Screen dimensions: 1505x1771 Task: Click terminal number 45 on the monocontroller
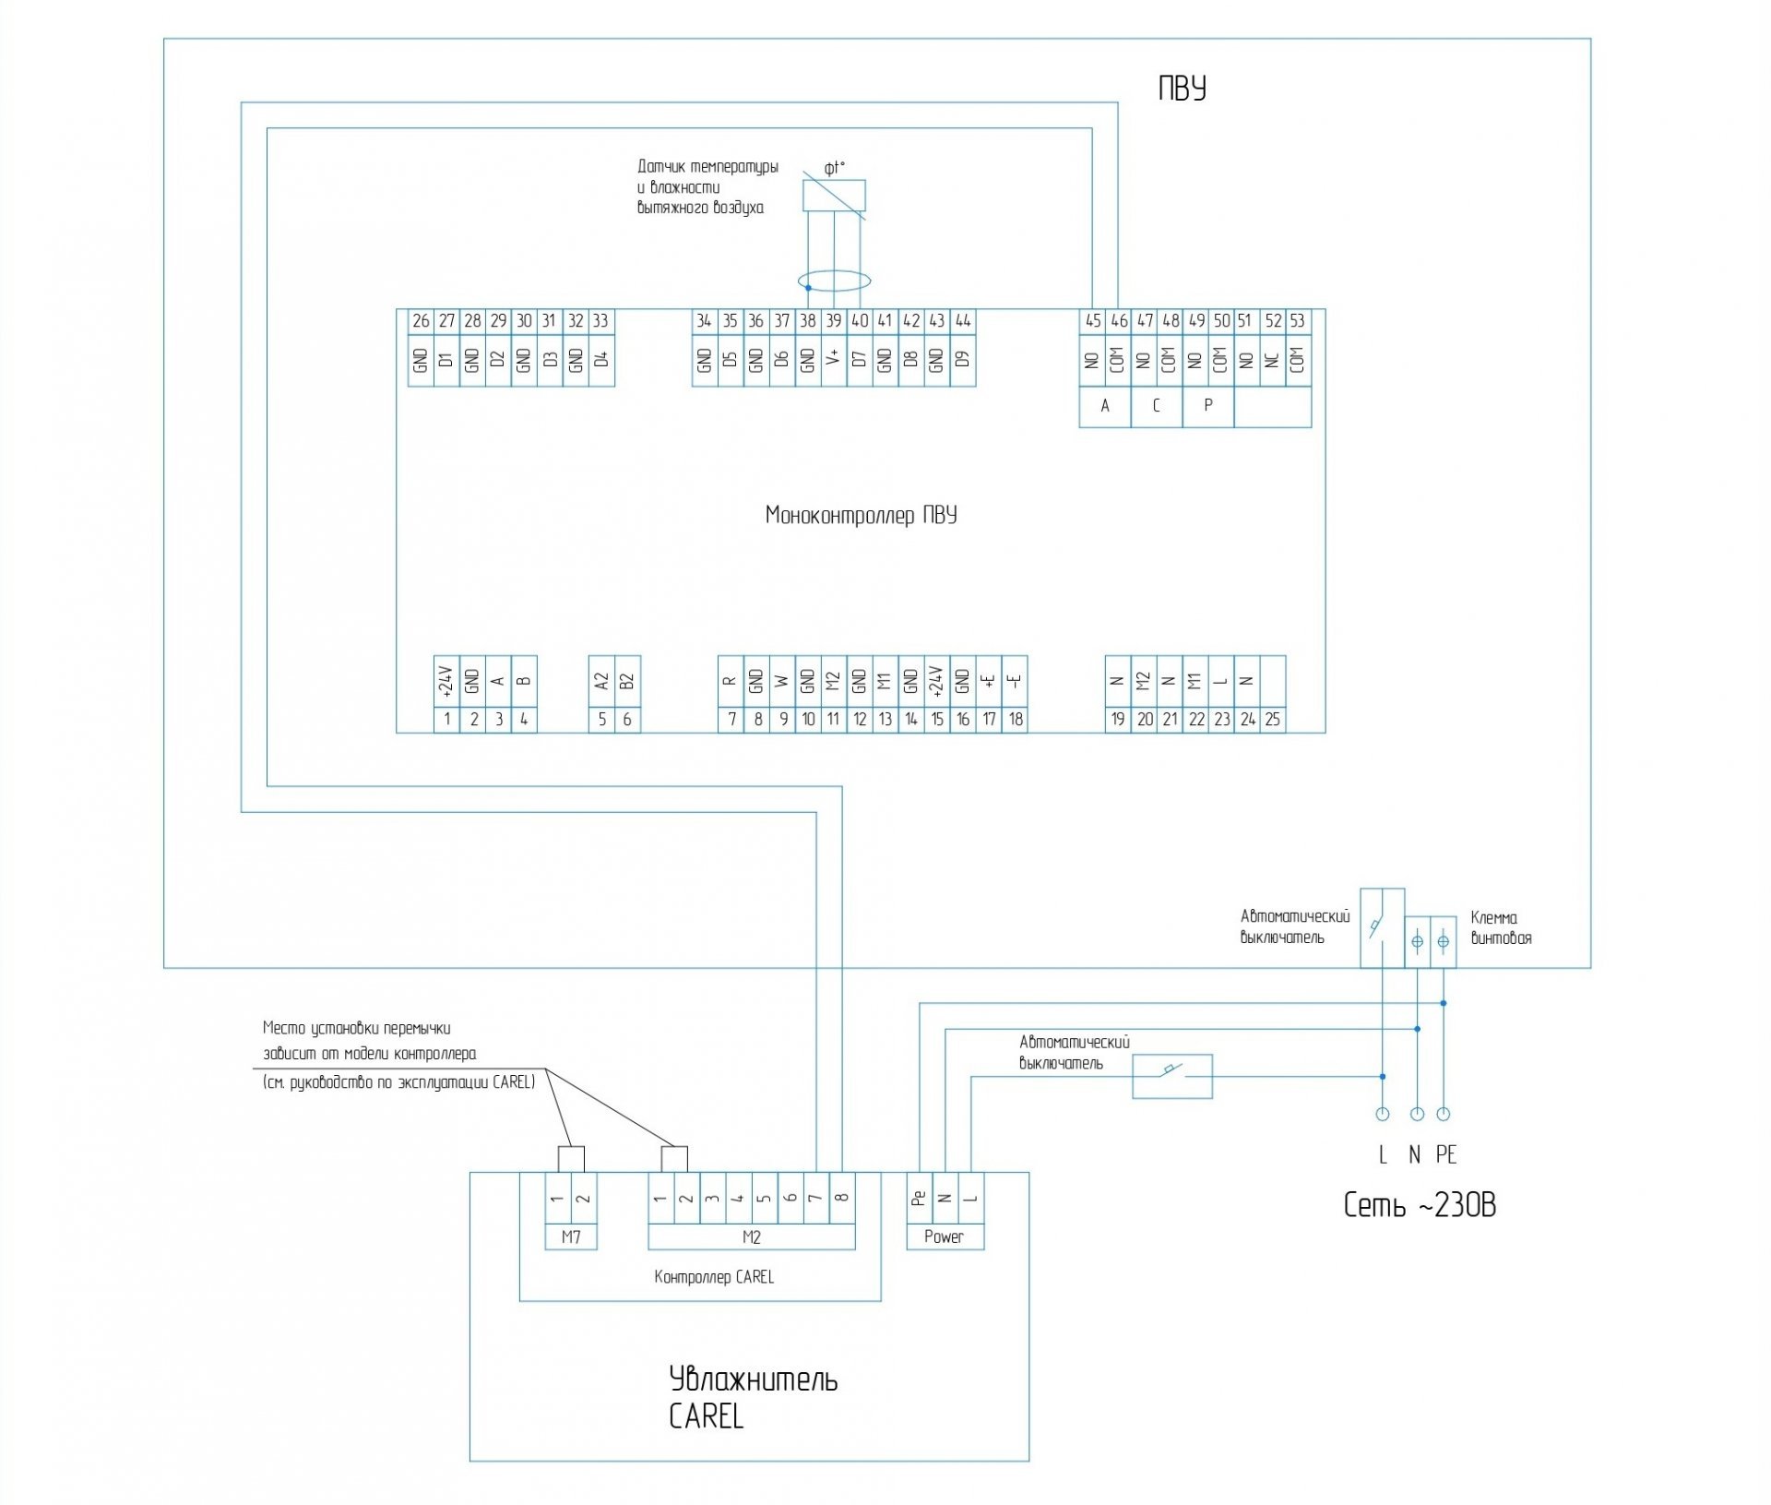(1092, 321)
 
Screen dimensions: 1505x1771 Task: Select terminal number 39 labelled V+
(833, 321)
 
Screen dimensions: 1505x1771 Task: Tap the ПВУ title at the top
(1182, 89)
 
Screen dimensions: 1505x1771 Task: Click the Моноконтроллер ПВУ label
(861, 515)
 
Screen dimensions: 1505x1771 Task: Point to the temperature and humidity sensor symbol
(834, 196)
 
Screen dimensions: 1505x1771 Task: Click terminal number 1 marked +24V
(446, 719)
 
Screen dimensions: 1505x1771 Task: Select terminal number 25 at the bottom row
(1272, 719)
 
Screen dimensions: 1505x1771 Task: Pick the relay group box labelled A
(1105, 406)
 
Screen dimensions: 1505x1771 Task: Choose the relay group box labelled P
(1207, 406)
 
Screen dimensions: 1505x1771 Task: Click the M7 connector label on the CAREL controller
(571, 1237)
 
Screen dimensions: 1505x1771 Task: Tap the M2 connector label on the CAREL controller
(751, 1237)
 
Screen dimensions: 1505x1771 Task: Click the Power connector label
(944, 1237)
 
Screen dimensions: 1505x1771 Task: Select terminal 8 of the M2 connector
(841, 1198)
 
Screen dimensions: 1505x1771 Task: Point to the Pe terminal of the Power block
(919, 1198)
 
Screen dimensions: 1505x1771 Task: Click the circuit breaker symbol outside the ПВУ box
(1171, 1076)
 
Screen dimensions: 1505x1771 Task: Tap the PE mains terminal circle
(1444, 1114)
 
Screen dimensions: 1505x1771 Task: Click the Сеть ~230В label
(1420, 1205)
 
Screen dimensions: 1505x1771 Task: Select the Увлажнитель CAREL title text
(753, 1397)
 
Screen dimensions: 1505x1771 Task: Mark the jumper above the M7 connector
(571, 1159)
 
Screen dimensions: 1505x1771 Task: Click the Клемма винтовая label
(1501, 928)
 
